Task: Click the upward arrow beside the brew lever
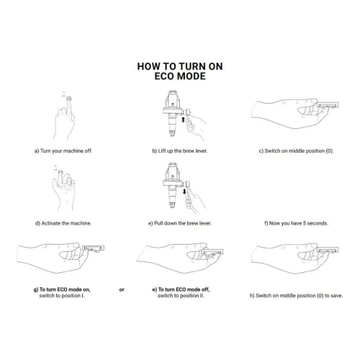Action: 183,120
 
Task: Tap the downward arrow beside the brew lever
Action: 184,192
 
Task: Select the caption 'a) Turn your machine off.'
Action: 63,151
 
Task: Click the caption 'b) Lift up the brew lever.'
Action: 180,151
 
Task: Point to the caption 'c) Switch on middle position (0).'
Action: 296,151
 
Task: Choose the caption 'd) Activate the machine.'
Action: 63,223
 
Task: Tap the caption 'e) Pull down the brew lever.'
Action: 180,223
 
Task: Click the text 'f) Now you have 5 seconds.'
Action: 296,223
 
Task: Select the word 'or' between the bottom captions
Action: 122,289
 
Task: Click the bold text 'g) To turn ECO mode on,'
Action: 62,289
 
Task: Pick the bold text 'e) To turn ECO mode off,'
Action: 181,289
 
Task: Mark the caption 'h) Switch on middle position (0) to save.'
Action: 296,296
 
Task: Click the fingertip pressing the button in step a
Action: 69,99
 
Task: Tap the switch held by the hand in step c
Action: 328,105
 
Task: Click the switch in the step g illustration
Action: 94,248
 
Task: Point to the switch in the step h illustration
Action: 328,250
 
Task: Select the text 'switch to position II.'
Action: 181,296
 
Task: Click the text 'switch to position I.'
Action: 62,296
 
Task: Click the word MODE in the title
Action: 193,76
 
